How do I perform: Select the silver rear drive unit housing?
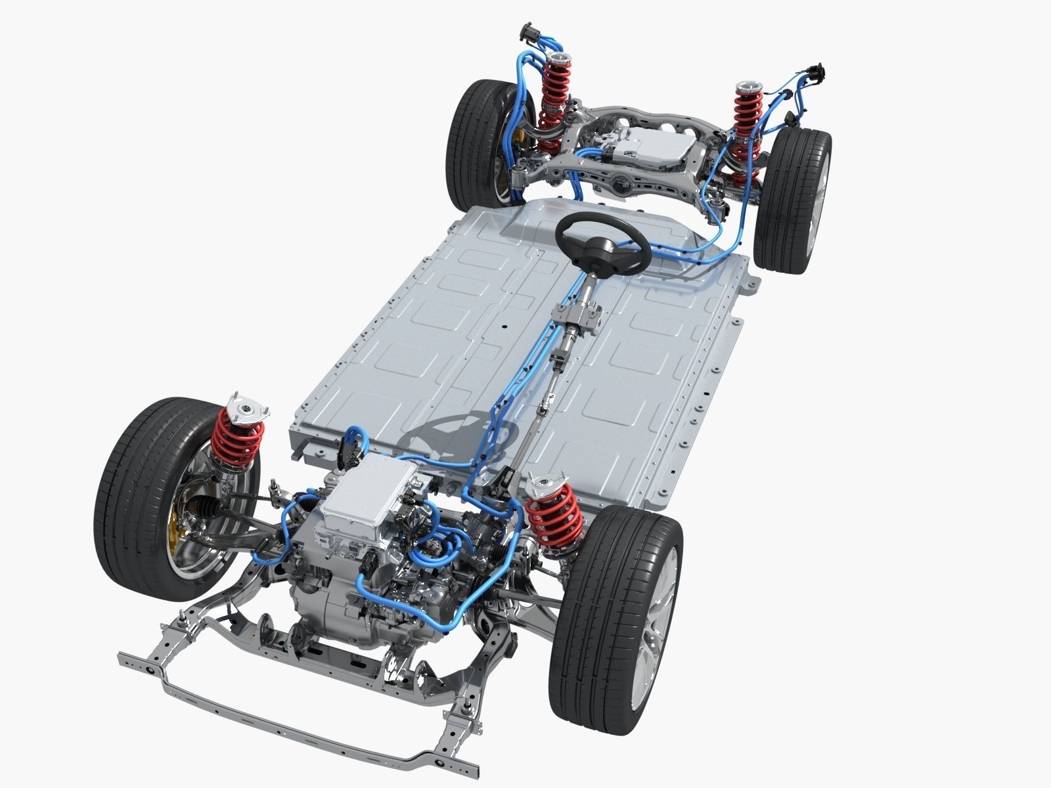(647, 148)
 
